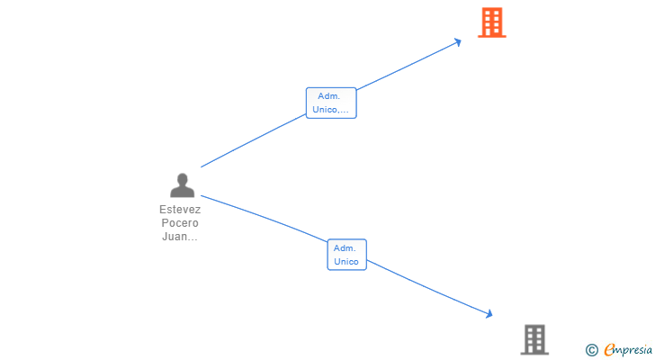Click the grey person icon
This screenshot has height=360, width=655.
182,185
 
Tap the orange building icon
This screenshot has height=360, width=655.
491,22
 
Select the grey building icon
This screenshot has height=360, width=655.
534,339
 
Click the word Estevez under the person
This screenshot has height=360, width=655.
180,209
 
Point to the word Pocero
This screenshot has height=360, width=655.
180,222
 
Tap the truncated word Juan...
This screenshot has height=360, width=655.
180,237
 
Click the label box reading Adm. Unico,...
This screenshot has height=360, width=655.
331,103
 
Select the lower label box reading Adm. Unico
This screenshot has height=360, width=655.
346,255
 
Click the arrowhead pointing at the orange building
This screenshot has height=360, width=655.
458,40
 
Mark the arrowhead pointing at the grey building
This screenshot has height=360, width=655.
489,313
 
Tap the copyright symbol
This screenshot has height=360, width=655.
591,349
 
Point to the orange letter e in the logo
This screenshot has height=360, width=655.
609,349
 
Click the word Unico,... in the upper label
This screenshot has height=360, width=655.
331,110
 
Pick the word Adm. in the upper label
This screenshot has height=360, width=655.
331,96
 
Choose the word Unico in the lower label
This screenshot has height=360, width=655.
346,262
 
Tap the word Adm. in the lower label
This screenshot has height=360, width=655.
346,247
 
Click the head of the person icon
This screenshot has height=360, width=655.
182,179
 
